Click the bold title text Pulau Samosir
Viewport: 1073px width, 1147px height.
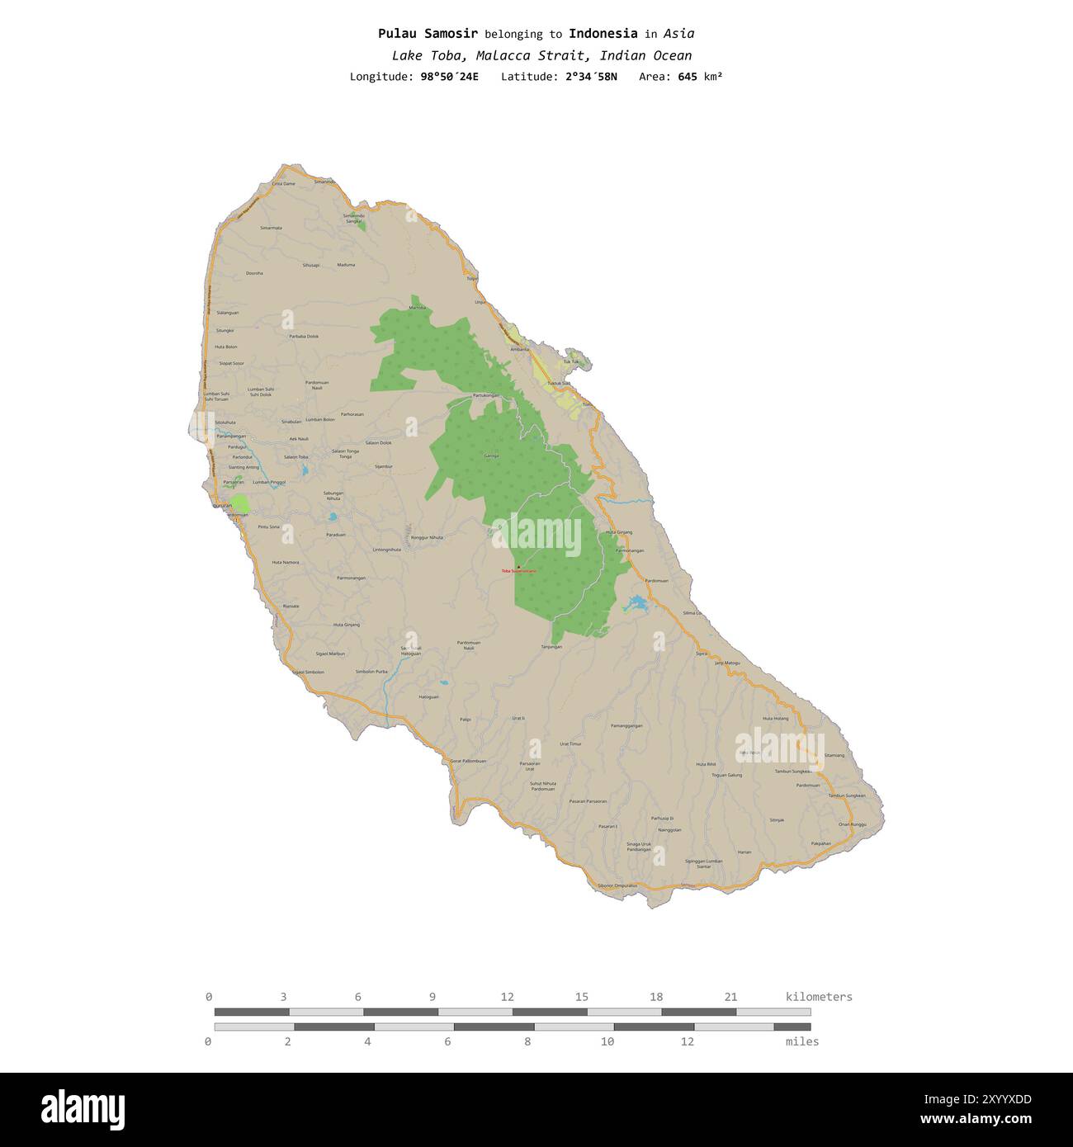pos(428,34)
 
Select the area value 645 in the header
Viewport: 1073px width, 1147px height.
pos(688,77)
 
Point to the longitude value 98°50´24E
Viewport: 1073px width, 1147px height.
pos(449,77)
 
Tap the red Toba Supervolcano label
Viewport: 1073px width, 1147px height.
pos(518,570)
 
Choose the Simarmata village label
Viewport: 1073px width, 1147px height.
pos(271,228)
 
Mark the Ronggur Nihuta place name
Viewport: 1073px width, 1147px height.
pos(427,537)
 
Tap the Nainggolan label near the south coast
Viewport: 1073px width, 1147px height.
pos(669,829)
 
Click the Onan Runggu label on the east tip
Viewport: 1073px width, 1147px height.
pos(853,824)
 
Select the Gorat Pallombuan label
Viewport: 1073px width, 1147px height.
pos(468,760)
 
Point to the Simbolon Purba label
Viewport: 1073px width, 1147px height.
pos(371,672)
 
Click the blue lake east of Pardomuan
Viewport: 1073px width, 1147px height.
pos(636,604)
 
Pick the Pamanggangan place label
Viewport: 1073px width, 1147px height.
pos(626,725)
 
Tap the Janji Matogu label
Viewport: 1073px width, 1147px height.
pos(727,663)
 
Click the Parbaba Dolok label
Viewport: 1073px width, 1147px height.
pos(304,336)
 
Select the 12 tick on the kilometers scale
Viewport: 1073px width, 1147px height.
pos(507,997)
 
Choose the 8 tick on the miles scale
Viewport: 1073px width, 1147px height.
pos(527,1041)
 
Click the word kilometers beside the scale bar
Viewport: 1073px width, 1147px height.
pos(819,997)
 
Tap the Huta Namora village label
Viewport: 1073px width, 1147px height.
pos(286,562)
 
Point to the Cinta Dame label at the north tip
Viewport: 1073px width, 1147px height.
pos(283,183)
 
